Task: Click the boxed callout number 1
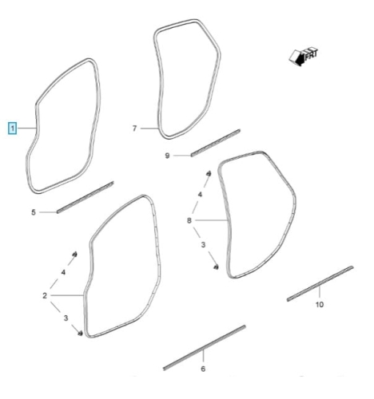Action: point(13,128)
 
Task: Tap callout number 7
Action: point(134,128)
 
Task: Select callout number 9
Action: point(167,156)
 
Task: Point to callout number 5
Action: point(34,212)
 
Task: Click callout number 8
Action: point(189,220)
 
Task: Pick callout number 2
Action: point(45,295)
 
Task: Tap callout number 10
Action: point(320,304)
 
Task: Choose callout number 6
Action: point(203,369)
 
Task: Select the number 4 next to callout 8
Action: point(200,195)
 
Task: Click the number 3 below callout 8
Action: point(203,244)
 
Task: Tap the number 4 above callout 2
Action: point(63,272)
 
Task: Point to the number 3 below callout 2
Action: point(66,318)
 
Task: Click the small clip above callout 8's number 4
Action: point(209,173)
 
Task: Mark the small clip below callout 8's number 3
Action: point(216,267)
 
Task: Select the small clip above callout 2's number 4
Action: point(75,254)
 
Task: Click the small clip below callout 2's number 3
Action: point(80,333)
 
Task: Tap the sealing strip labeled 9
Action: point(216,143)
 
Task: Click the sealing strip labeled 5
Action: point(86,197)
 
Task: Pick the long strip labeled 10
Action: point(320,283)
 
